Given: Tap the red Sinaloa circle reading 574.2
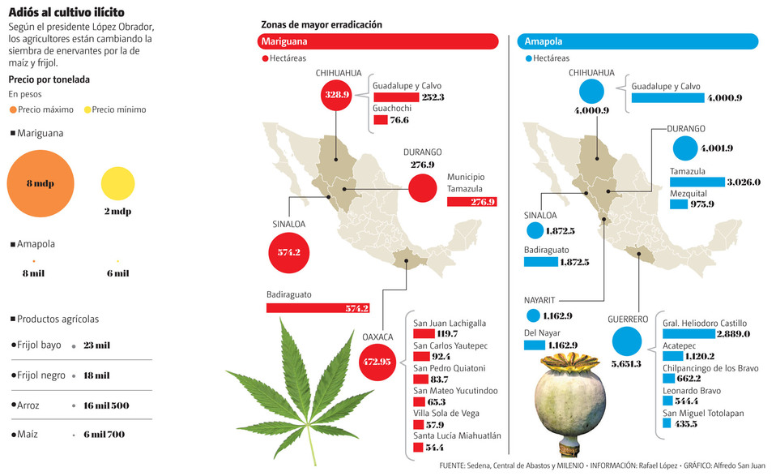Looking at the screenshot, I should tap(289, 252).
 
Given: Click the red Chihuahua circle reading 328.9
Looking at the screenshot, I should tap(336, 95).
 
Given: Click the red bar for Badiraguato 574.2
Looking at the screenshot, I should tap(318, 308).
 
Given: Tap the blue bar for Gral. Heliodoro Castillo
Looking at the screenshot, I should tap(689, 333).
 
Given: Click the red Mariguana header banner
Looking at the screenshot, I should tap(377, 41).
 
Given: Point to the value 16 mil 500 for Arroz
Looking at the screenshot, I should tap(105, 405).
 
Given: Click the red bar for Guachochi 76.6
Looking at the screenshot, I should tap(380, 120).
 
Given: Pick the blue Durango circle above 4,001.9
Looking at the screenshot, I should tap(684, 148).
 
